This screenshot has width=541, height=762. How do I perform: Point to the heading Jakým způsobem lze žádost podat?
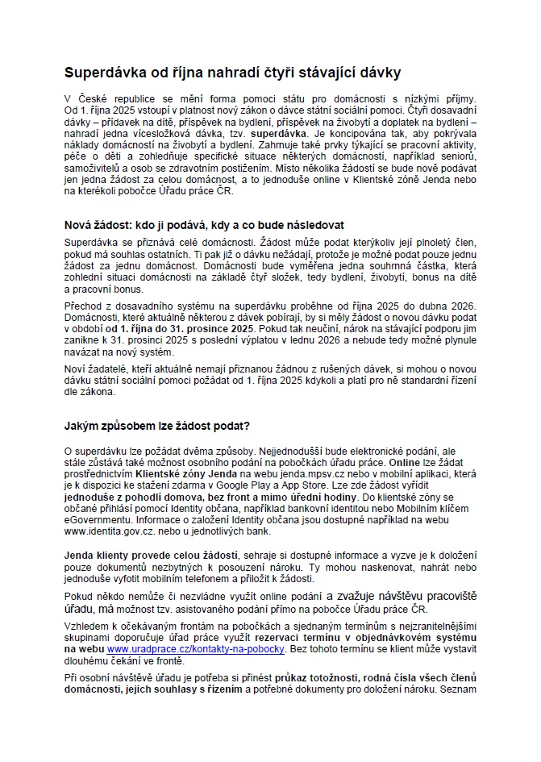click(157, 425)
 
